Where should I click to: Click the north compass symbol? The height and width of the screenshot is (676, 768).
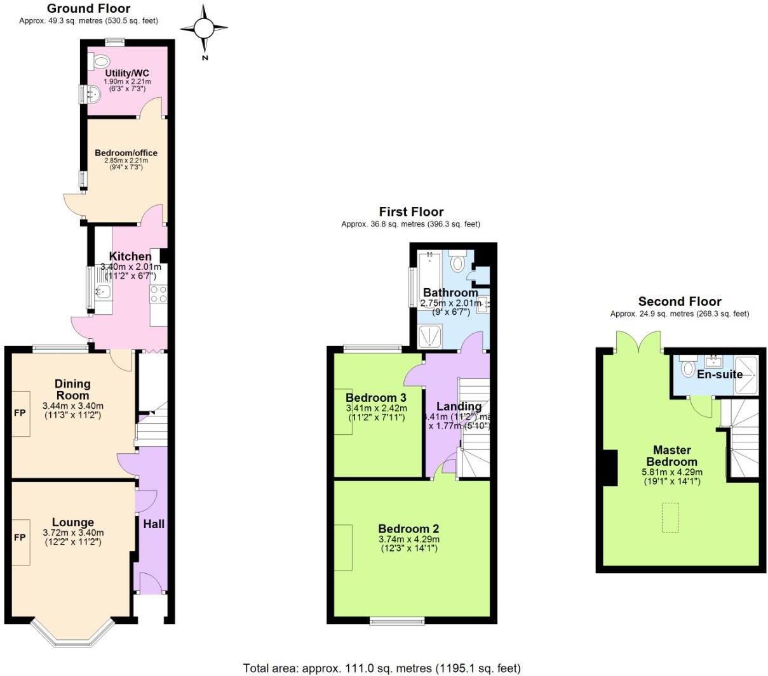[204, 29]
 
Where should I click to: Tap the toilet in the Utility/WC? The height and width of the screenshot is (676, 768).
[100, 62]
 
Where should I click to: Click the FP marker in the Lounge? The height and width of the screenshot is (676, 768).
[20, 538]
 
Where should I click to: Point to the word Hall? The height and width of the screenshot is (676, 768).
[154, 524]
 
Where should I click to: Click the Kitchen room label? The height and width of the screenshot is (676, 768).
[130, 256]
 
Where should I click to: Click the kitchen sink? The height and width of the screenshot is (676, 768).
[102, 292]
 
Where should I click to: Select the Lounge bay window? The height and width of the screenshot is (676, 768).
[72, 635]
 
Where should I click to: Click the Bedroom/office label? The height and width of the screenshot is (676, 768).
[126, 153]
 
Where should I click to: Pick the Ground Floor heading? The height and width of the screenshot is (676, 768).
[89, 8]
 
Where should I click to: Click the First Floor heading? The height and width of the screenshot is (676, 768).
[411, 211]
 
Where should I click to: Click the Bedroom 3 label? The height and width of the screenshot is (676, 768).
[376, 398]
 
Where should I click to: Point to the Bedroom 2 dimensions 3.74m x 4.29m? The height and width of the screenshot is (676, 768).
[409, 539]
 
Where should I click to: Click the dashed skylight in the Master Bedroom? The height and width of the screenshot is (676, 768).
[670, 517]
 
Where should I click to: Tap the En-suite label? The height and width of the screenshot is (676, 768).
[719, 374]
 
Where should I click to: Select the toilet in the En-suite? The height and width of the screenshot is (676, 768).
[687, 368]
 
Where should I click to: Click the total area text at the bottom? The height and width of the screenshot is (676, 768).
[382, 668]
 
